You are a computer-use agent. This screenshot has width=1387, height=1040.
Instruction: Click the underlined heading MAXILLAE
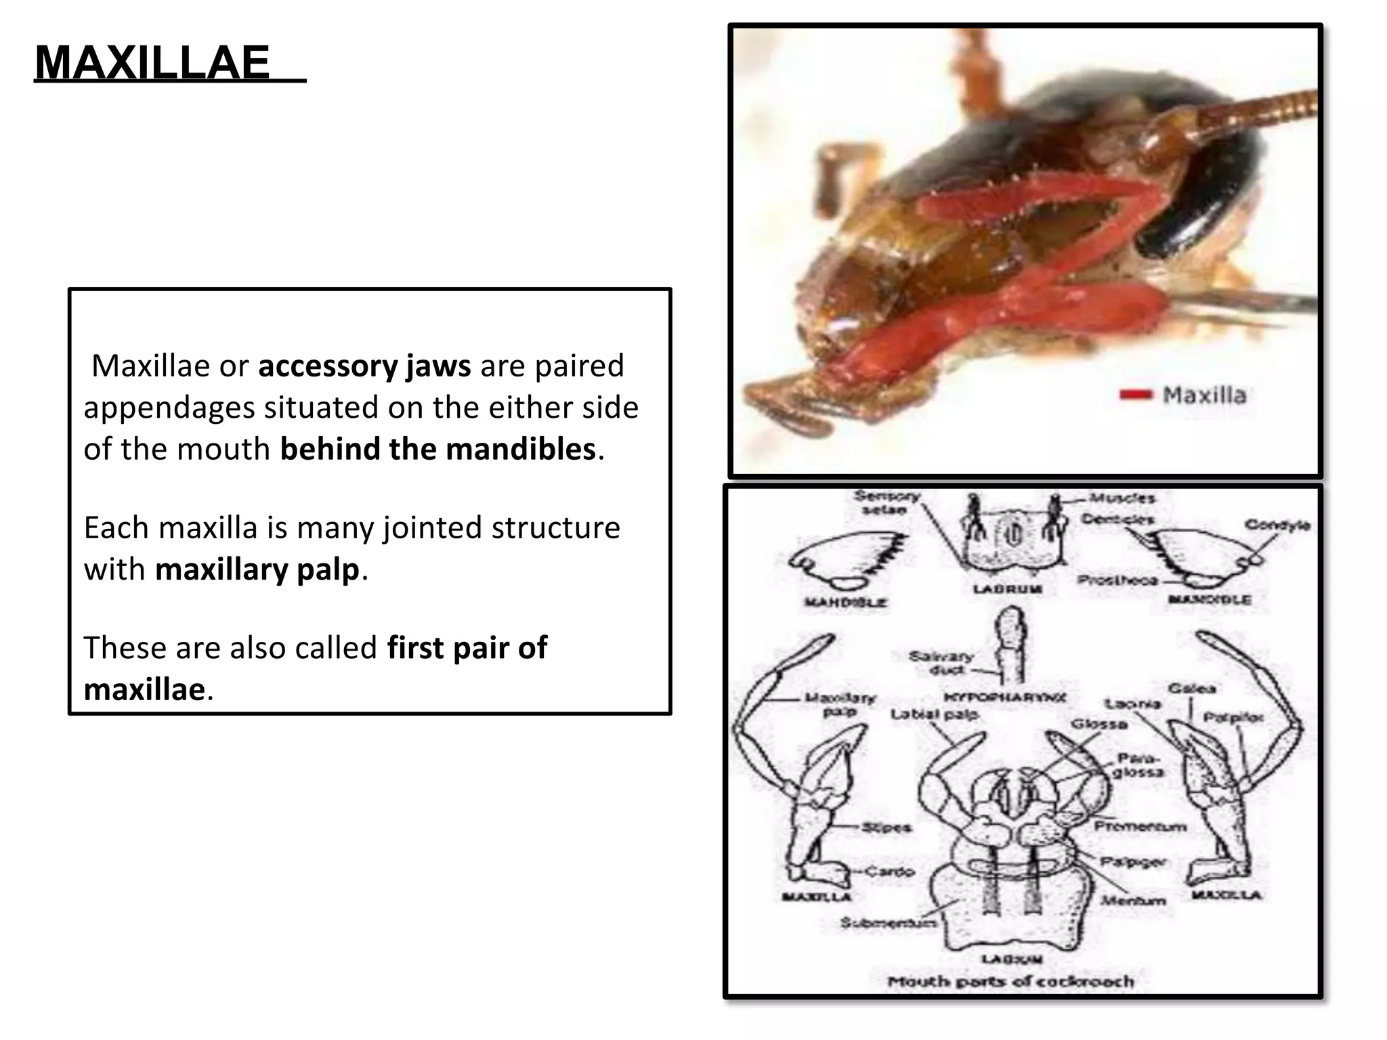click(153, 63)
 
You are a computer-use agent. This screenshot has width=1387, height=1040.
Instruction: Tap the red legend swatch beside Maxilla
click(1136, 395)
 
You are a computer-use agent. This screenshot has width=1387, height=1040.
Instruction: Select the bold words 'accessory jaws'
click(364, 366)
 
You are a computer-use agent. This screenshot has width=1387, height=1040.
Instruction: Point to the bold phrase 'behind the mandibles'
click(438, 450)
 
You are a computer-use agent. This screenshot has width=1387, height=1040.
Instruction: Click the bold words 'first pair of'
click(467, 648)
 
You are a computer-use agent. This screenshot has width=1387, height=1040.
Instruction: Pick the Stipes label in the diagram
click(887, 827)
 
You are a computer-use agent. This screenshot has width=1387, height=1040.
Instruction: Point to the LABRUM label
click(1007, 589)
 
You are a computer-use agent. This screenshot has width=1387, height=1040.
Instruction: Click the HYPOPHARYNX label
click(1006, 697)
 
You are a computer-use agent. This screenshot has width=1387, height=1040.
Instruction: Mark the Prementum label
click(1140, 826)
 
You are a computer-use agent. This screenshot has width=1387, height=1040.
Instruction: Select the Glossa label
click(1098, 724)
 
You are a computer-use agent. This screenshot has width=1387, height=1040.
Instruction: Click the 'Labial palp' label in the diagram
click(934, 714)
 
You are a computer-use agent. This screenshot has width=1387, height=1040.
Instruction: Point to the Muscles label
click(1123, 498)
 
